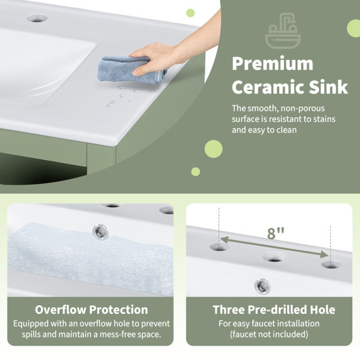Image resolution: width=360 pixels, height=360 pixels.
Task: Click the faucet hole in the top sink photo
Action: pyautogui.click(x=37, y=18)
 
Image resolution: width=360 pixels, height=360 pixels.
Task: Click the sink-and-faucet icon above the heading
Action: pyautogui.click(x=283, y=31)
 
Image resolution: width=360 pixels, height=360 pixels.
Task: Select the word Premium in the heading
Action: pyautogui.click(x=272, y=64)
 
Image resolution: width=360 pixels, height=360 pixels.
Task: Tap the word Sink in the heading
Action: pyautogui.click(x=329, y=87)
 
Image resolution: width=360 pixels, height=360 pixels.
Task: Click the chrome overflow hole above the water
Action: pyautogui.click(x=100, y=232)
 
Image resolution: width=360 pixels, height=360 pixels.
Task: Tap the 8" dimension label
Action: pyautogui.click(x=275, y=233)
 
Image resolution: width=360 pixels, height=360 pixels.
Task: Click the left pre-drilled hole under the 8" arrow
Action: pyautogui.click(x=220, y=247)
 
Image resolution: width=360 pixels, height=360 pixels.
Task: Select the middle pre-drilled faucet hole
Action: pyautogui.click(x=275, y=257)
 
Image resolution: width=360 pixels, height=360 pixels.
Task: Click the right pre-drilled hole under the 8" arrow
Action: pyautogui.click(x=331, y=265)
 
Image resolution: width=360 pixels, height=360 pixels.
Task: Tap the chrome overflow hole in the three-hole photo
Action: pyautogui.click(x=262, y=286)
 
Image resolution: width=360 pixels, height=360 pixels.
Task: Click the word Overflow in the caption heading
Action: pyautogui.click(x=61, y=310)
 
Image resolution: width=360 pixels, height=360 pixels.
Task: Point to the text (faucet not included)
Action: pyautogui.click(x=269, y=334)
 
